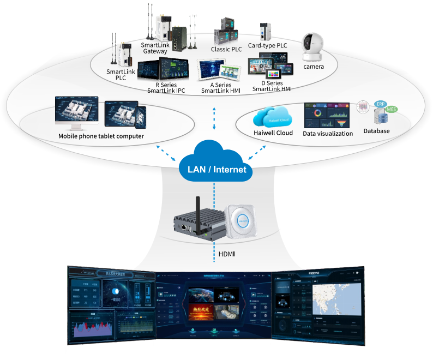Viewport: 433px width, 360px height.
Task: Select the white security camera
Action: point(313,47)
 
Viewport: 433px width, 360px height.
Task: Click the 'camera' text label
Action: point(314,67)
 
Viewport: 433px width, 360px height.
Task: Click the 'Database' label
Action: point(377,131)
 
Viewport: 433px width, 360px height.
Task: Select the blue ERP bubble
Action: point(381,104)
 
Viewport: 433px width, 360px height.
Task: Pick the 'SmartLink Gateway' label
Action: point(155,48)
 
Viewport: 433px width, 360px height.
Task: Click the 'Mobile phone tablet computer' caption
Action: point(101,136)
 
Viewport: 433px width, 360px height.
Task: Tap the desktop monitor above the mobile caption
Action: point(76,110)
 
